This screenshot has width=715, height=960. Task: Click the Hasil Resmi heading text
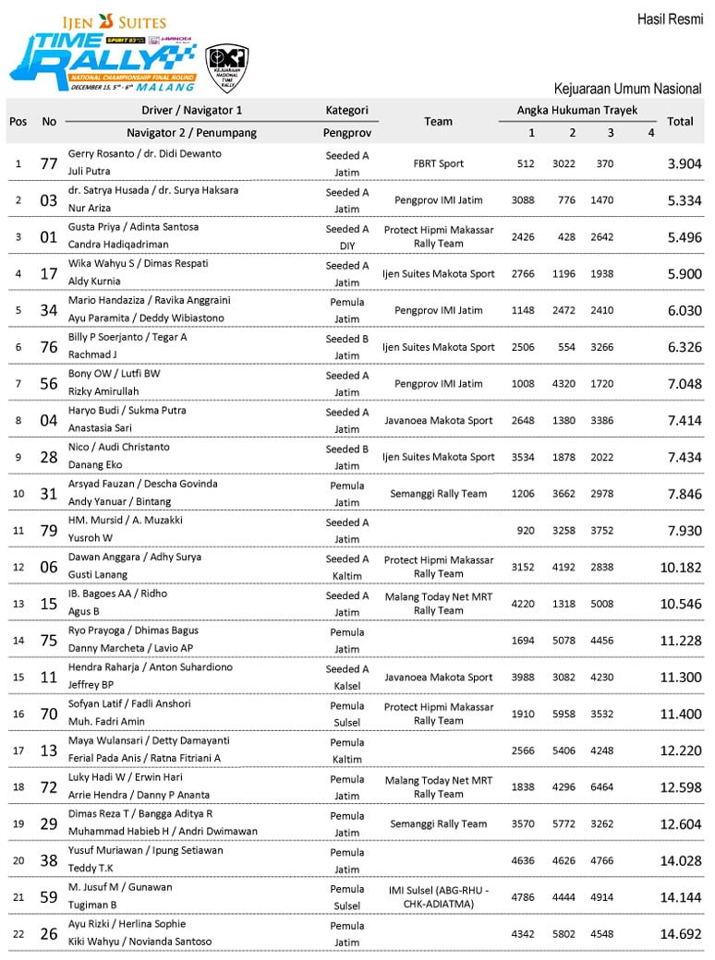coord(670,19)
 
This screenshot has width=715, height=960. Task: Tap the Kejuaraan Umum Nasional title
coord(627,90)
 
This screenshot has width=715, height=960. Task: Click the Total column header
coord(680,121)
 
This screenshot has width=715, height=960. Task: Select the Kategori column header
coord(346,110)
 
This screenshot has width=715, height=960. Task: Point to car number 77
coord(50,163)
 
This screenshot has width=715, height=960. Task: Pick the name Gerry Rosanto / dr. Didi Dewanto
coord(145,154)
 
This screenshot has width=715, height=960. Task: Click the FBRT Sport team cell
coord(438,163)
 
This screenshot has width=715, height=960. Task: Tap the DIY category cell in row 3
coord(346,246)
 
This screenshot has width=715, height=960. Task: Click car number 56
coord(50,383)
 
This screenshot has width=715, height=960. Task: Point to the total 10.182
coord(680,567)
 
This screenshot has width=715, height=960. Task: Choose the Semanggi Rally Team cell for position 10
coord(438,494)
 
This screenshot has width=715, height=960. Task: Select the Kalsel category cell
coord(346,685)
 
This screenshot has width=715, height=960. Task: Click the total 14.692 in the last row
coord(680,933)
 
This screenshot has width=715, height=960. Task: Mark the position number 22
coord(18,933)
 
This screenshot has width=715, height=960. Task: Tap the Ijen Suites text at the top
coord(114,21)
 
